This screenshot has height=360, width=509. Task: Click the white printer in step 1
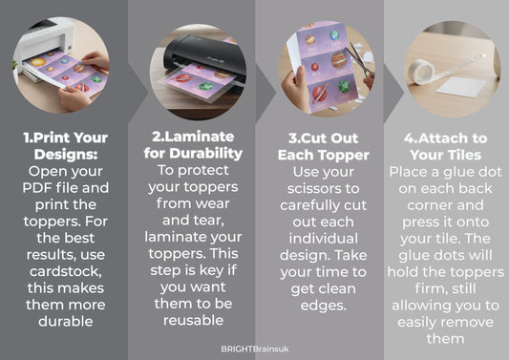click(46, 46)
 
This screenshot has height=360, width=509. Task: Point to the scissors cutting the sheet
click(360, 62)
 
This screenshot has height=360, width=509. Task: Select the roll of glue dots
click(421, 72)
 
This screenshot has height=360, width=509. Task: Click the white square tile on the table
click(461, 87)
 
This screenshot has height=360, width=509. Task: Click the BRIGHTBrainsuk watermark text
click(255, 349)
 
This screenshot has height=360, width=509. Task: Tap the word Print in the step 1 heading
click(52, 138)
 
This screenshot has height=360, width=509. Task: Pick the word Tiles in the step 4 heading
click(464, 155)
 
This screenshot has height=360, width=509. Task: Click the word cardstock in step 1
click(66, 271)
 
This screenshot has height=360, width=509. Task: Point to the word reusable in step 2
click(193, 321)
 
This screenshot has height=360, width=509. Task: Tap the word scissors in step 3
click(311, 188)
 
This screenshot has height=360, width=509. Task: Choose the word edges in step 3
click(324, 306)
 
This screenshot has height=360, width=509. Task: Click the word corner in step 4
click(429, 205)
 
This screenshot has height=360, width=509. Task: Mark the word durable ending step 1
click(66, 322)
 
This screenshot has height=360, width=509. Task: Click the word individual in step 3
click(324, 239)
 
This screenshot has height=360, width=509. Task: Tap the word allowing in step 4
click(420, 306)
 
